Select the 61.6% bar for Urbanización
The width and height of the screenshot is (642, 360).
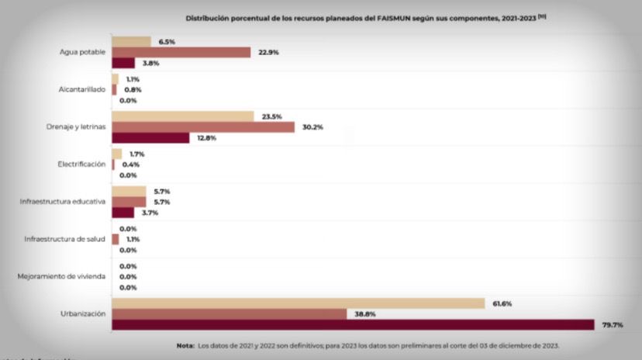[299, 303]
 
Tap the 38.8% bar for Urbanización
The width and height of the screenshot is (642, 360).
[230, 313]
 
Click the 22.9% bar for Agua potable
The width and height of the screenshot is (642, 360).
[181, 52]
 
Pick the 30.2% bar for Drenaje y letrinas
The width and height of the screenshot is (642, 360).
[203, 127]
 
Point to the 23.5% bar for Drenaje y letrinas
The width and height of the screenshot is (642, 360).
[183, 116]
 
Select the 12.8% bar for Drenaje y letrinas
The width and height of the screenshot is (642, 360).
[151, 138]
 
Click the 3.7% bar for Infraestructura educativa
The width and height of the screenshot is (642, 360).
[123, 213]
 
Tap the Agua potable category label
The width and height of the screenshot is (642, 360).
[82, 52]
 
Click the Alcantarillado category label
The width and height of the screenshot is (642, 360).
[81, 89]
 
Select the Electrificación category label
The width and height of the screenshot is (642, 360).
[81, 164]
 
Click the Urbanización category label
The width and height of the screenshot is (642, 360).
[83, 313]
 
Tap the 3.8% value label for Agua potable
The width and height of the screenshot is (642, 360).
[149, 63]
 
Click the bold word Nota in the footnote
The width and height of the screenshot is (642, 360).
[186, 345]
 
